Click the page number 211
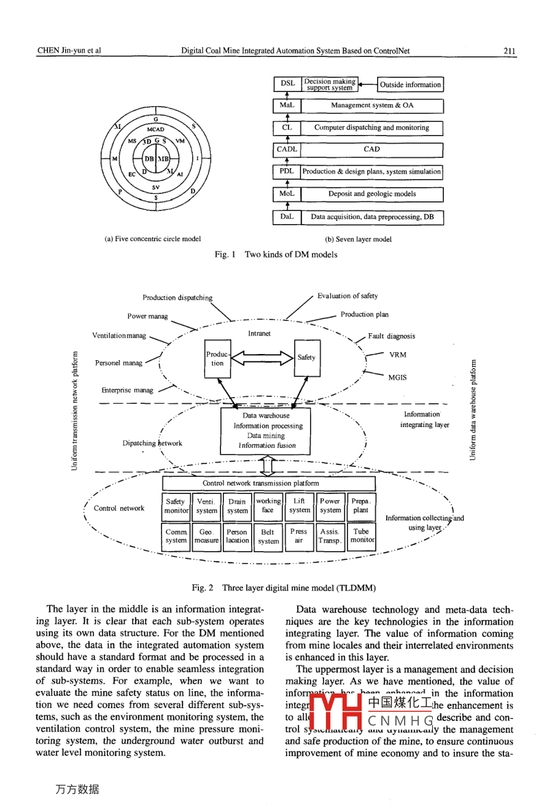(509, 51)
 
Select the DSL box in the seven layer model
(287, 84)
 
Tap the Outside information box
(409, 85)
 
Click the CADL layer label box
(287, 149)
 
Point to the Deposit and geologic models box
(372, 194)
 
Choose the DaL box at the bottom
(287, 217)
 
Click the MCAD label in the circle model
(155, 129)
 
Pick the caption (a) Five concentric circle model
(153, 239)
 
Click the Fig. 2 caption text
(284, 587)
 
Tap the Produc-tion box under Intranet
(217, 359)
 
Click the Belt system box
(268, 536)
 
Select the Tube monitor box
(362, 536)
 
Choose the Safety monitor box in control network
(176, 506)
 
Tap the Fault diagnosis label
(391, 336)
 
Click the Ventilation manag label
(119, 336)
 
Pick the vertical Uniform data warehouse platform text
(473, 409)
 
